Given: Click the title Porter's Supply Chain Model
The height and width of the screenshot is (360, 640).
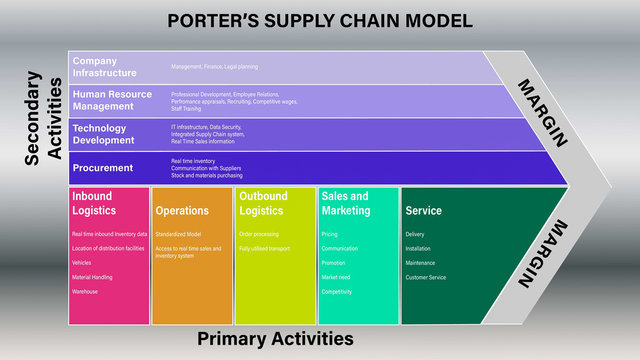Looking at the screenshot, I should [319, 21].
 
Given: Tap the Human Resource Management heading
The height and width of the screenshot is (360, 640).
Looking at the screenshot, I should [112, 101].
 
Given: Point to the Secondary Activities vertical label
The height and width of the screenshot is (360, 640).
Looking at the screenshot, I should [44, 117].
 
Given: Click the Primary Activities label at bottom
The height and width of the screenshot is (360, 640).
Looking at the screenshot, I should [275, 339].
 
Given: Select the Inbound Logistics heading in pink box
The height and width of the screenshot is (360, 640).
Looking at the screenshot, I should [92, 203].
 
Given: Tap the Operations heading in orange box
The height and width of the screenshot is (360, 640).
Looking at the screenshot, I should [182, 211].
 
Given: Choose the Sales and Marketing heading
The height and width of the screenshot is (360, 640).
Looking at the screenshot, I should [345, 203].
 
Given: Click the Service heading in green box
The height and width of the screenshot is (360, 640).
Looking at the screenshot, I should [423, 211].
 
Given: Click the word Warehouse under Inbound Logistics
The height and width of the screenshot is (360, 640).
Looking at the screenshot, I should [86, 293].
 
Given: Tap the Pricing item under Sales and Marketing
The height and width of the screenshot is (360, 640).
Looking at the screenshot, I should [330, 234].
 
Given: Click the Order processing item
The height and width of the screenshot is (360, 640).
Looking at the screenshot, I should [259, 234].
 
